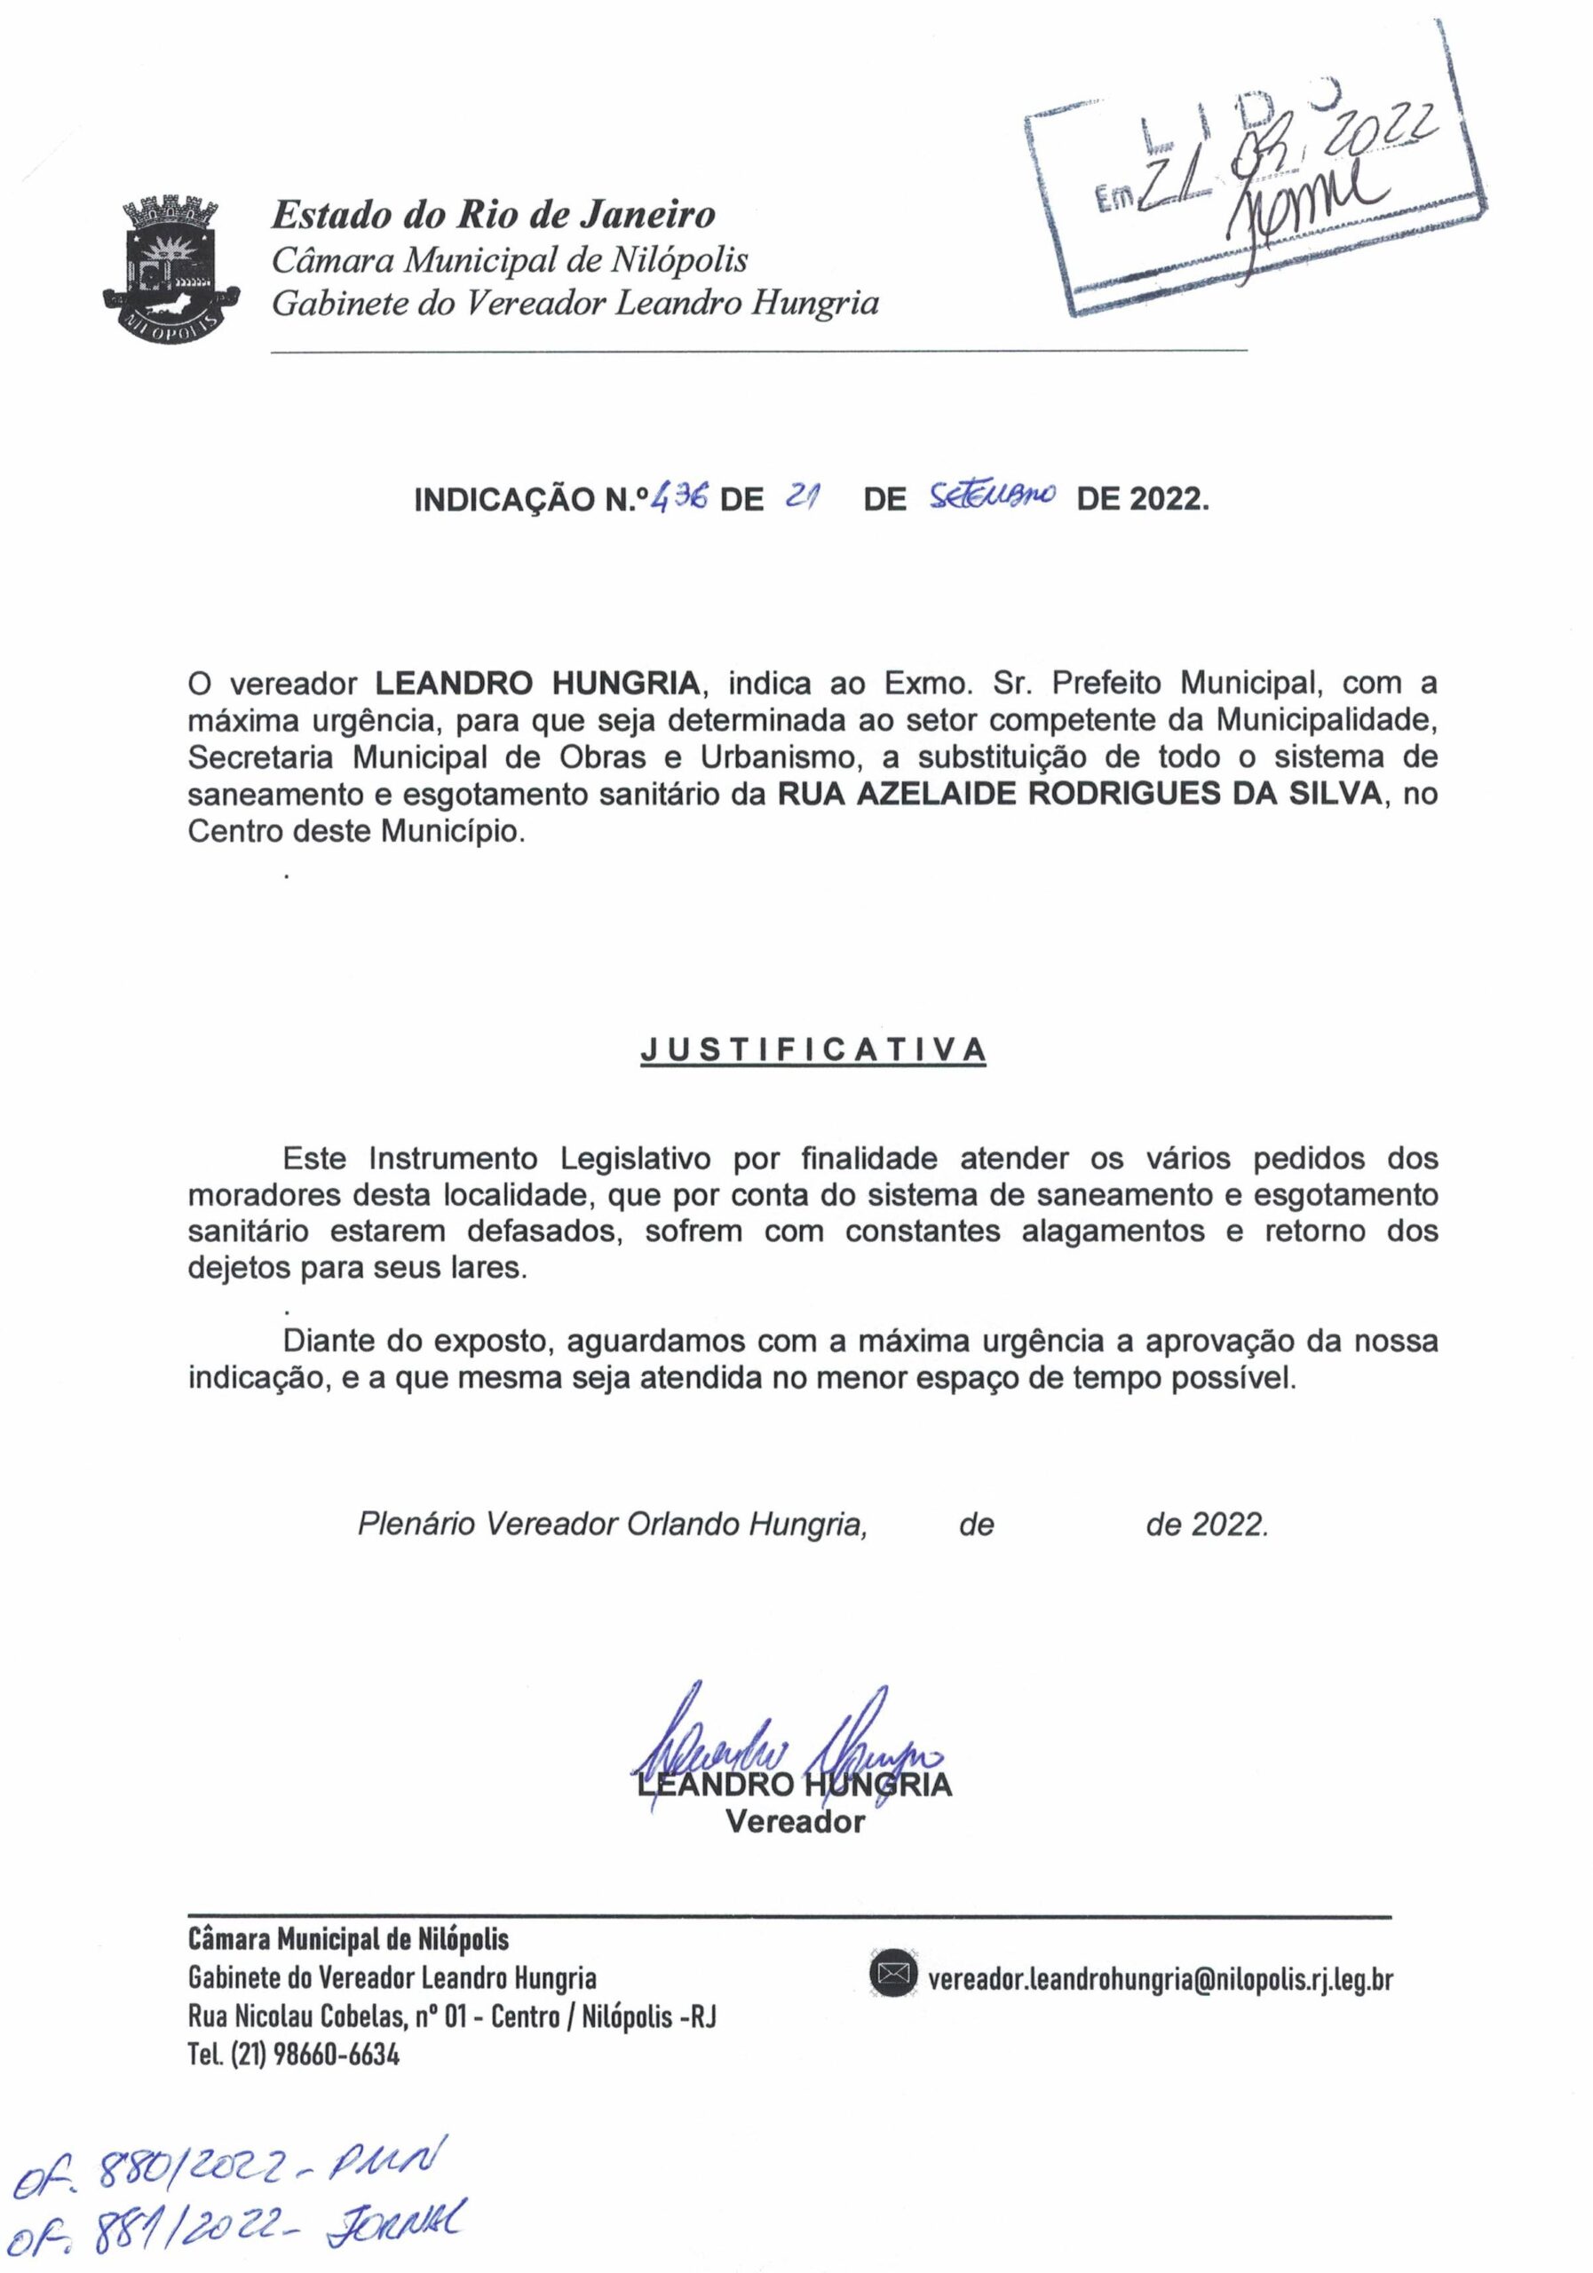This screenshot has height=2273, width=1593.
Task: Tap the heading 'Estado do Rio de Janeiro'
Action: click(493, 215)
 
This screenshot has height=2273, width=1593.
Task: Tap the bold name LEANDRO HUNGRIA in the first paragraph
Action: click(539, 683)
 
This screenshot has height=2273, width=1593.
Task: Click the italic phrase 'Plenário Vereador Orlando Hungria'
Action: click(612, 1525)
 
